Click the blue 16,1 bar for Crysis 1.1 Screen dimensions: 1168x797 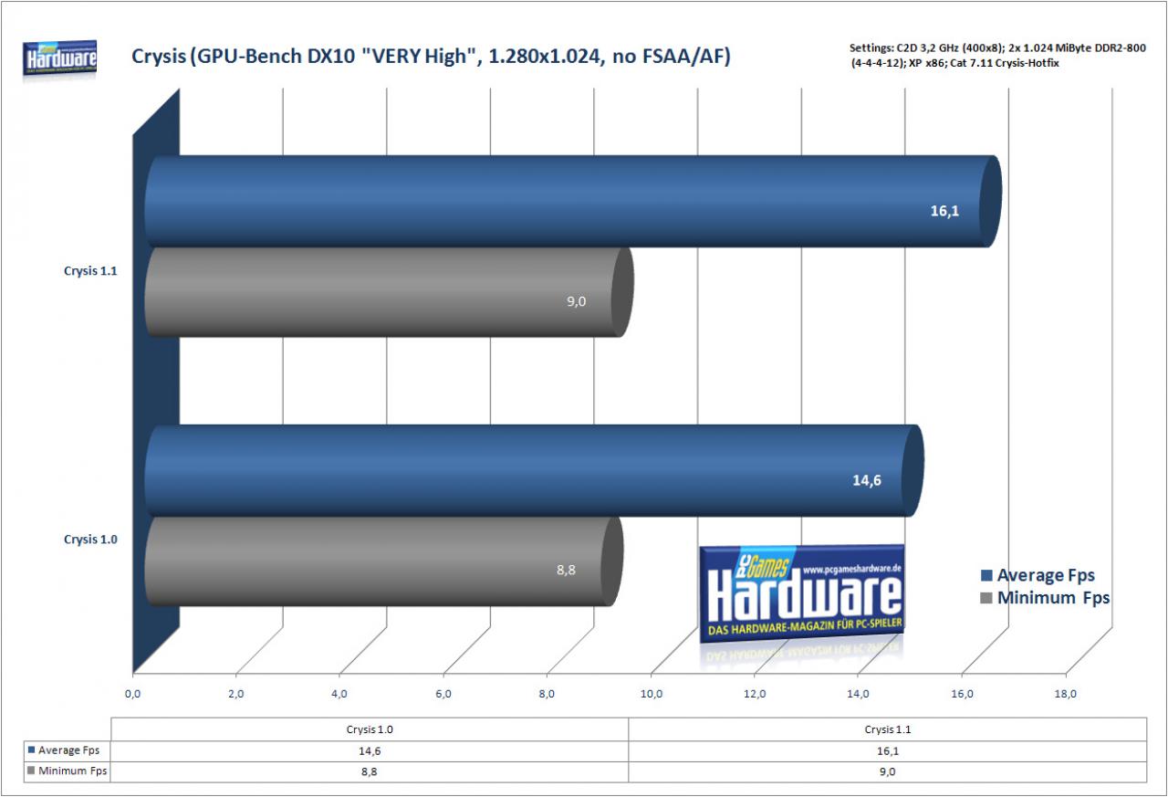point(572,202)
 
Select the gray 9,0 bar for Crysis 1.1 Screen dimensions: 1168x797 point(389,292)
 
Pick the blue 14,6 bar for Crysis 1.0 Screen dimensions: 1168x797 point(534,470)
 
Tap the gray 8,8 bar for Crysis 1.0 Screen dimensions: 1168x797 point(384,561)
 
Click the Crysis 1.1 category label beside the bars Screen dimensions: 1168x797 point(90,271)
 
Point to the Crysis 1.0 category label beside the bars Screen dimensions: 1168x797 point(90,540)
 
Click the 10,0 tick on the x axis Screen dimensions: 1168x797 point(651,694)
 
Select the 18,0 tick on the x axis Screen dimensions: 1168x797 point(1065,694)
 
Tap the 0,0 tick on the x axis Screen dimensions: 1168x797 point(132,694)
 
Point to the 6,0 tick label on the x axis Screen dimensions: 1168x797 point(443,694)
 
